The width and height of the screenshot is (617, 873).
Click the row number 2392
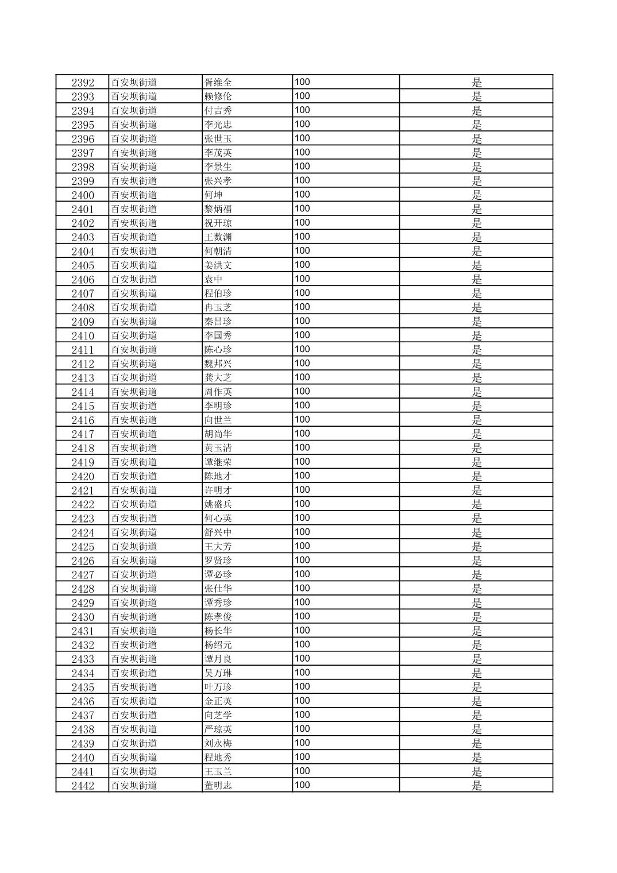(83, 83)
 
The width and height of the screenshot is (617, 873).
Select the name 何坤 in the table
(214, 195)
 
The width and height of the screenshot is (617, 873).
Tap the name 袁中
(214, 280)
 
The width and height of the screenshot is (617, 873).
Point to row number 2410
(83, 336)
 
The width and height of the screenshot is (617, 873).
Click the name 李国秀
(218, 336)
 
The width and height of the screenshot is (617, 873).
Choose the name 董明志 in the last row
(218, 786)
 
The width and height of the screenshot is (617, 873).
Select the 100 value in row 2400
(302, 195)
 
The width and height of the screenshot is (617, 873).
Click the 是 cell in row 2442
(477, 786)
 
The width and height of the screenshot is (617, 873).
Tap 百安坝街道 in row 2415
(134, 406)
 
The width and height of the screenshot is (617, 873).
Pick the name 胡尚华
(218, 434)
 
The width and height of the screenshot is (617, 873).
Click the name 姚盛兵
(218, 504)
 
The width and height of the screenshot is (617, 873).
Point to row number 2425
(83, 547)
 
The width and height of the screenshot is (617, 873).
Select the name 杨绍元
(218, 645)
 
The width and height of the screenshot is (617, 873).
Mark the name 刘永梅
(218, 743)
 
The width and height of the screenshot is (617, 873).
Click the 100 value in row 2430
(302, 616)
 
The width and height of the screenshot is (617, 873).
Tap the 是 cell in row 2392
(477, 83)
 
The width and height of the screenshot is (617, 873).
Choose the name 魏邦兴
(218, 364)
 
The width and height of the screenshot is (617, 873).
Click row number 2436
(83, 701)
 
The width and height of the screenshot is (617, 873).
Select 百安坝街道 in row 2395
(134, 125)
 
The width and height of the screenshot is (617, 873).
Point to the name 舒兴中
(218, 532)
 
